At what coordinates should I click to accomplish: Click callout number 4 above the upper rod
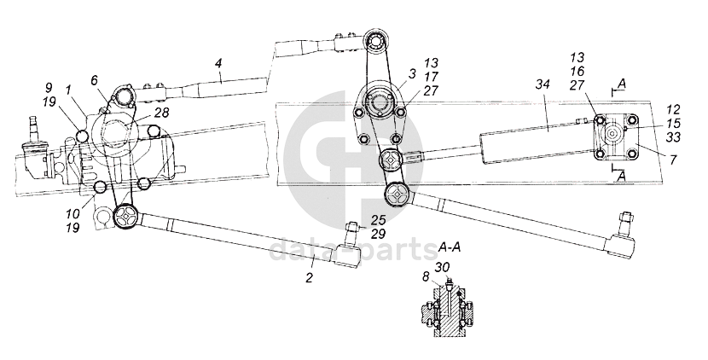tap(218, 63)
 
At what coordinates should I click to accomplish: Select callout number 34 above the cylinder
tap(543, 84)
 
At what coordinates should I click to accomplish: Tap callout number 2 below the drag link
tap(309, 277)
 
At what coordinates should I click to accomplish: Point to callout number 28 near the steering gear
tap(163, 113)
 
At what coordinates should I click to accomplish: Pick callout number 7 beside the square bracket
tap(673, 159)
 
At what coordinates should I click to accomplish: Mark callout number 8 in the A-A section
tap(426, 277)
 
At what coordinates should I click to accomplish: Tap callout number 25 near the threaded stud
tap(379, 220)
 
